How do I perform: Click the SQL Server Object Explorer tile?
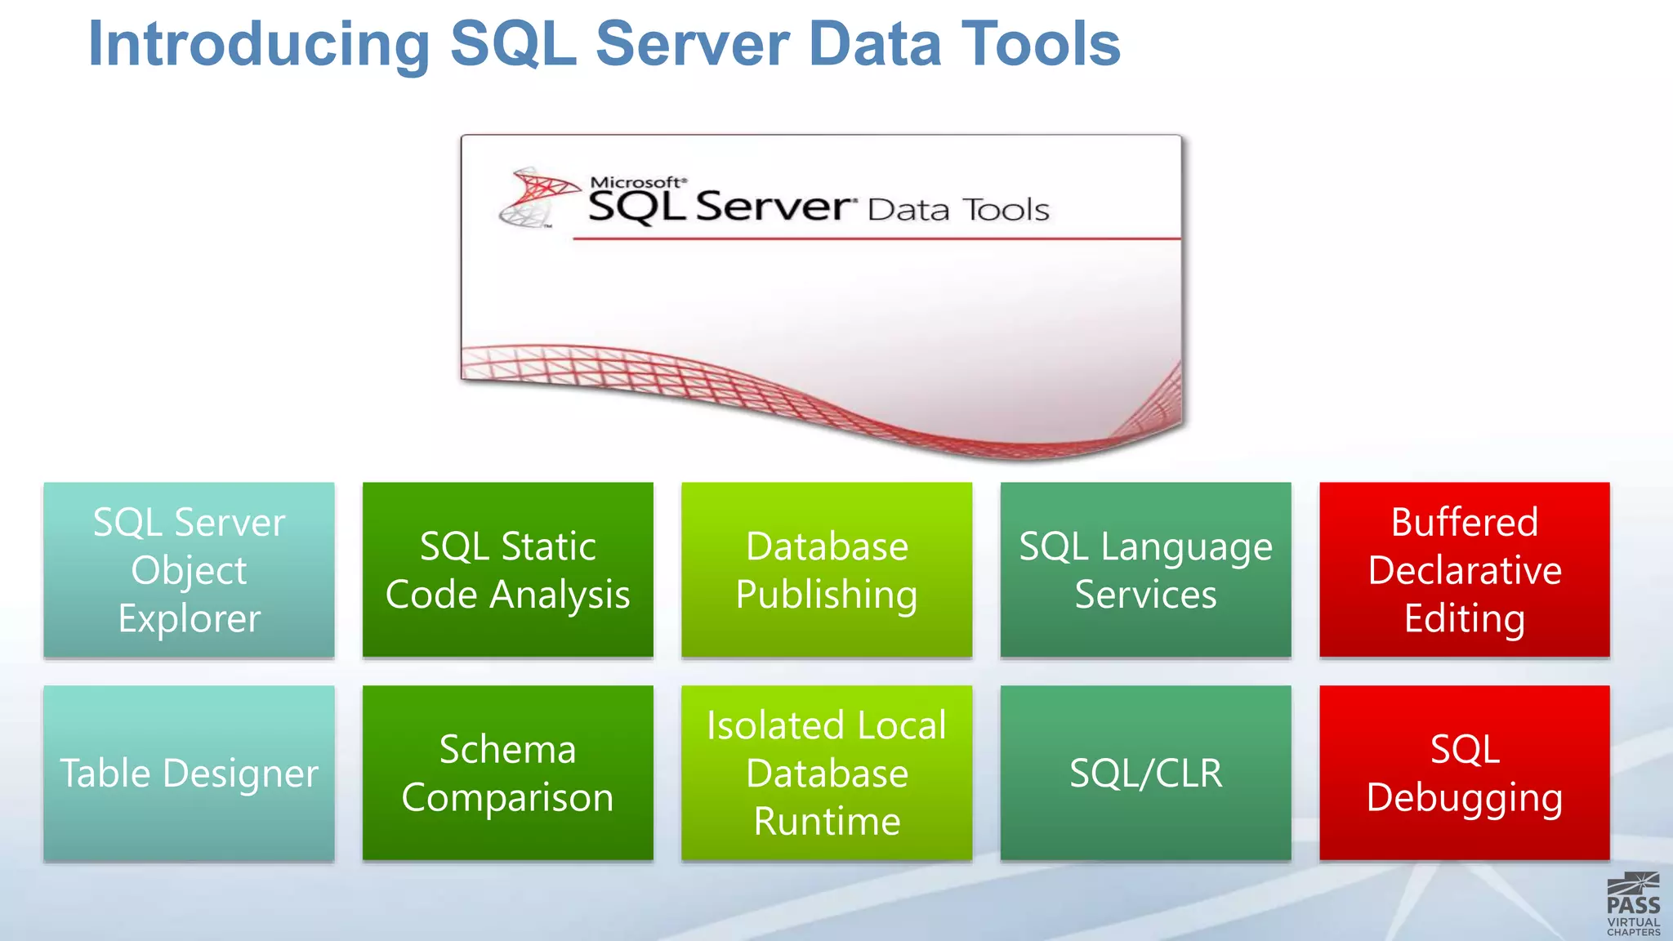click(189, 569)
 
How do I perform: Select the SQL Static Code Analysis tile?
click(507, 569)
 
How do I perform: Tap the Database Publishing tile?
click(827, 569)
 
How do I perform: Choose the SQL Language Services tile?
click(1145, 569)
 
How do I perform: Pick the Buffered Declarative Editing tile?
click(1464, 569)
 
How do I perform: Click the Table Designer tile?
click(189, 773)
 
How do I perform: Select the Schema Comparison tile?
click(507, 773)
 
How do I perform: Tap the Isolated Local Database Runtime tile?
click(827, 773)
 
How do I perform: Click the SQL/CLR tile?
click(1145, 773)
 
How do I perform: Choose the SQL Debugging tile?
click(1464, 773)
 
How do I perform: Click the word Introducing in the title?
click(258, 45)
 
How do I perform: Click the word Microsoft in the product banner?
click(636, 182)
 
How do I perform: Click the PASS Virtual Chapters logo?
click(1633, 904)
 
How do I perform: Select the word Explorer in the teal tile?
click(189, 618)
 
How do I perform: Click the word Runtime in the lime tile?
click(827, 821)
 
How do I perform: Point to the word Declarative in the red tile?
click(1464, 570)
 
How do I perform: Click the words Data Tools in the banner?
click(957, 210)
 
